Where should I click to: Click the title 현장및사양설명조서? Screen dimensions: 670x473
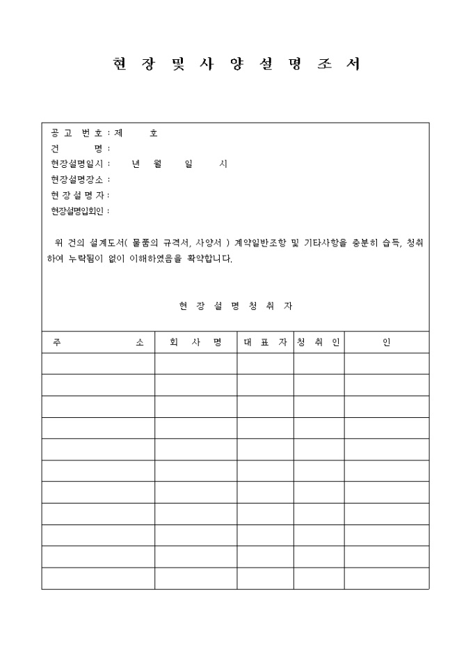point(236,65)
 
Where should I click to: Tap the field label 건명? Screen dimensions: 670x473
point(79,149)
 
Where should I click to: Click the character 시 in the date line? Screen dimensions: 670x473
point(223,164)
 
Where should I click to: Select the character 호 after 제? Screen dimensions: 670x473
point(154,133)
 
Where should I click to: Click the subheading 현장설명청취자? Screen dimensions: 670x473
point(236,306)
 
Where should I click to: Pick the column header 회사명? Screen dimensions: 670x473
point(195,343)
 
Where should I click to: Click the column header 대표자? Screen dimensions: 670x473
point(265,343)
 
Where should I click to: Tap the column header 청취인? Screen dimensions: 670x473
point(319,343)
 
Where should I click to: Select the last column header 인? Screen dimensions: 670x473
point(386,343)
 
